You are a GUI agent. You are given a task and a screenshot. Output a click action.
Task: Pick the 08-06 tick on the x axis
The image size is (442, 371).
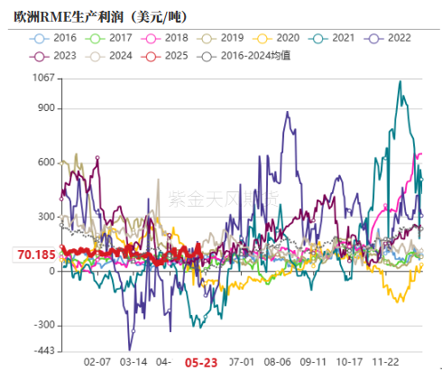pyautogui.click(x=278, y=360)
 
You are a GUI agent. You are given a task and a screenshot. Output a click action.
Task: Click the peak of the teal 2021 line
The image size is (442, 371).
pyautogui.click(x=400, y=81)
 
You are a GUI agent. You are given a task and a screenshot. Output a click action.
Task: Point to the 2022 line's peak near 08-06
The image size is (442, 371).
pyautogui.click(x=288, y=113)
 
